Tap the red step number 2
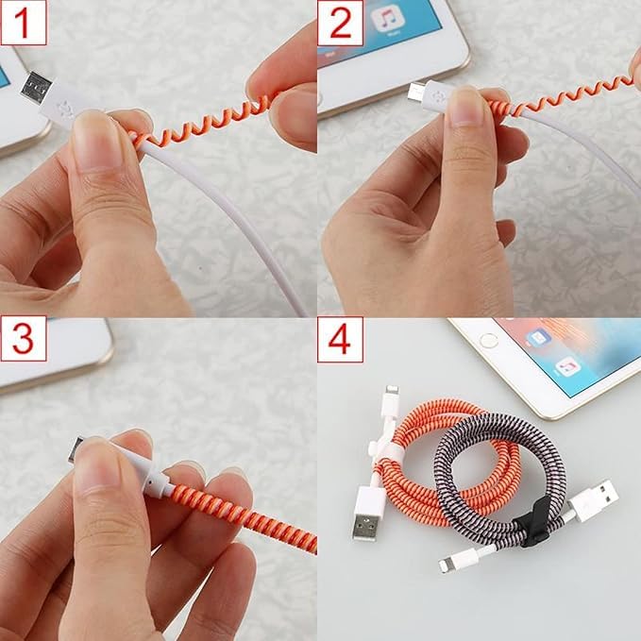[x=340, y=23]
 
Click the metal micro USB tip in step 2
[x=415, y=91]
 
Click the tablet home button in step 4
[x=488, y=338]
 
